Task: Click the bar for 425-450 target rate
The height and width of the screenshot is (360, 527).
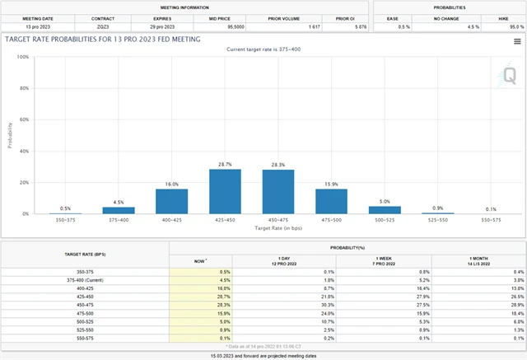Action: [x=225, y=191]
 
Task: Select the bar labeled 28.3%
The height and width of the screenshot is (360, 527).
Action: [x=278, y=191]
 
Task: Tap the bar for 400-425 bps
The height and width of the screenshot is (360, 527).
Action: [x=172, y=202]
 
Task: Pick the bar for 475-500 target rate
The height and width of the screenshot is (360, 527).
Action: [x=331, y=202]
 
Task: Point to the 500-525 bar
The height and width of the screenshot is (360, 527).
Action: [x=385, y=210]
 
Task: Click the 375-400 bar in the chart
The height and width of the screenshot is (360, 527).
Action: [x=119, y=210]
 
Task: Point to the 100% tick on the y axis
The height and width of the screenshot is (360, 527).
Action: [x=23, y=58]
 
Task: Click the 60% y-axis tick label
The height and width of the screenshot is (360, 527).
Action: [x=25, y=120]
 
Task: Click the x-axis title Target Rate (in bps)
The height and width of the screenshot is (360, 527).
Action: [x=277, y=230]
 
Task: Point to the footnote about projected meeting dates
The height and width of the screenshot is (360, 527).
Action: [x=263, y=355]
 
